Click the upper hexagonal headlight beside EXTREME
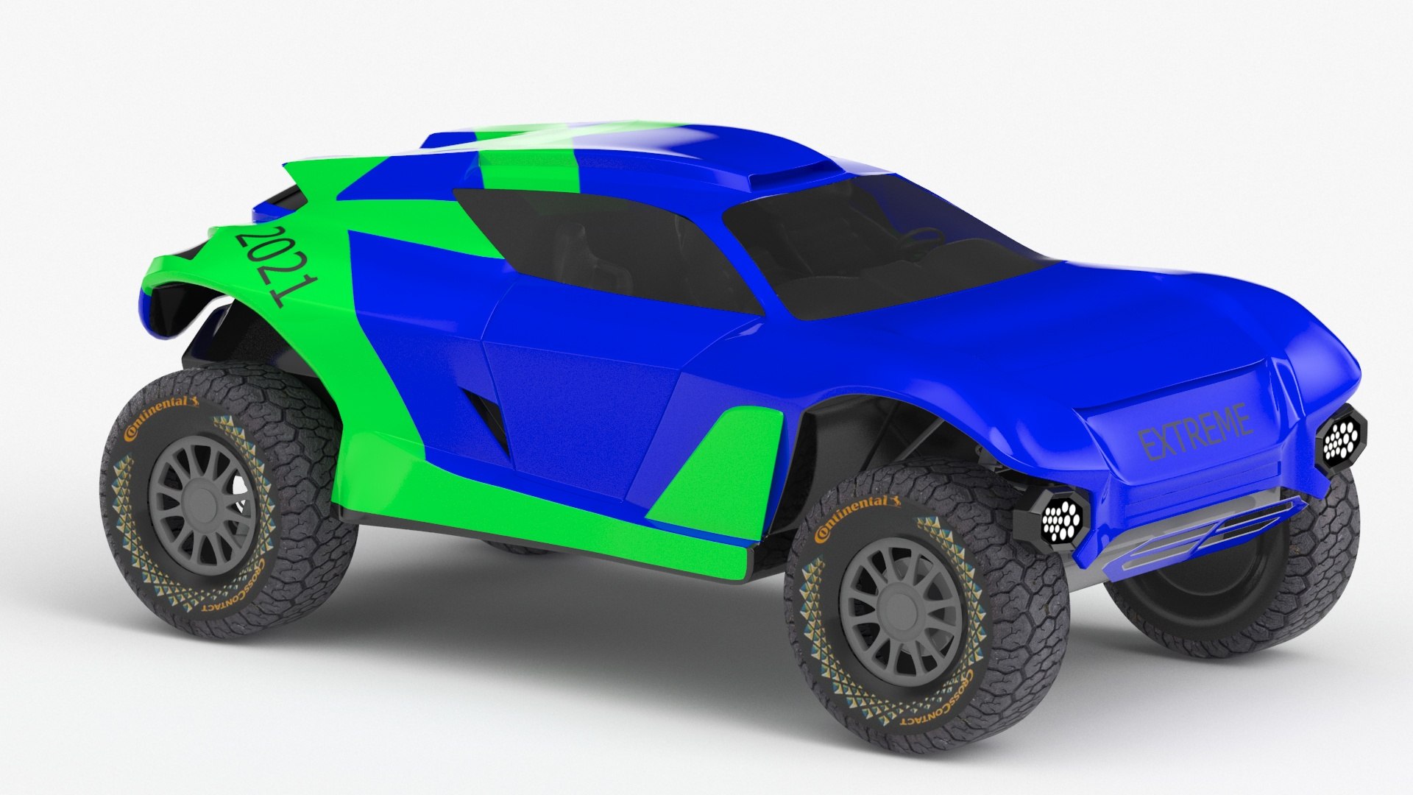click(1341, 440)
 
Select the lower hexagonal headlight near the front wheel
click(1060, 520)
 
